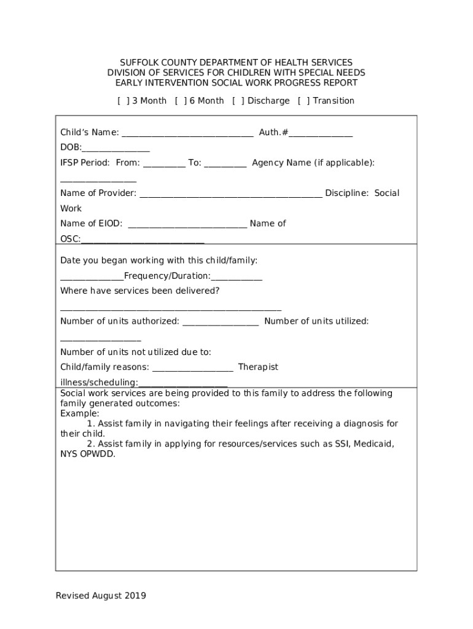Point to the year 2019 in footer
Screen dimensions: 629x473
coord(135,595)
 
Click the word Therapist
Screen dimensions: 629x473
coord(258,367)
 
